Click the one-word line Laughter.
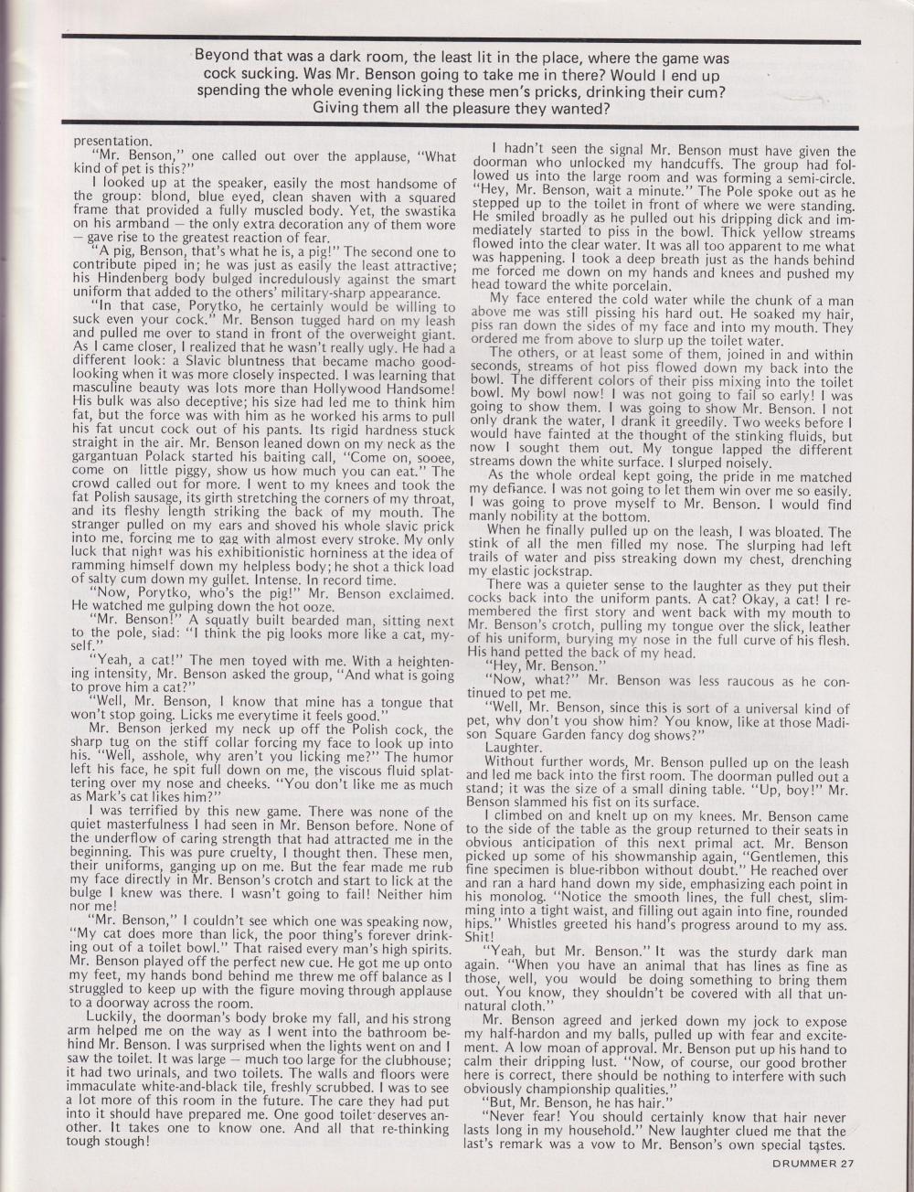(x=516, y=748)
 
